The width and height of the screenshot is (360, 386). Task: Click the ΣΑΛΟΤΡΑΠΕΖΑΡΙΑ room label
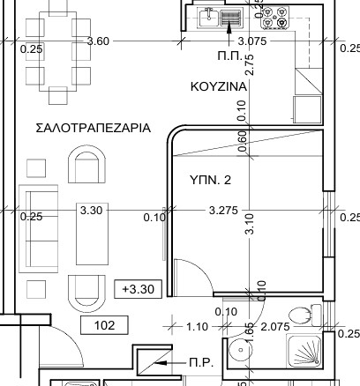94,128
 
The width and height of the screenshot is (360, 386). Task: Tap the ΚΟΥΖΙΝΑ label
219,86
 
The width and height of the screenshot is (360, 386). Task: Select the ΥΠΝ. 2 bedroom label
211,180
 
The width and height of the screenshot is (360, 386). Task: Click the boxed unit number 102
104,325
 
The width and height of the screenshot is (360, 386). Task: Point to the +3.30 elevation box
138,289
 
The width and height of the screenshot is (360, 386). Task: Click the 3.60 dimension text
98,41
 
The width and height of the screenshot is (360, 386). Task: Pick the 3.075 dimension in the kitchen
252,41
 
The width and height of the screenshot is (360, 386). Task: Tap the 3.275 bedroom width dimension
223,211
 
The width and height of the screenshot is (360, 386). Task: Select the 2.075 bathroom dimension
275,326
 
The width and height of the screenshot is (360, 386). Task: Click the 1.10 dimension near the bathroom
197,326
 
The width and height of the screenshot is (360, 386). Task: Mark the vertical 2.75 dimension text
250,65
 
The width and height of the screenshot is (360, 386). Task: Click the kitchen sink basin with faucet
209,18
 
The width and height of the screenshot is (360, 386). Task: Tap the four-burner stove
274,18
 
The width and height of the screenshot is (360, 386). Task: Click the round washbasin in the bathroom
241,350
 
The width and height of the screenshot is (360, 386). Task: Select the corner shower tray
304,351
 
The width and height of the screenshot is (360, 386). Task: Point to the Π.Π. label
229,56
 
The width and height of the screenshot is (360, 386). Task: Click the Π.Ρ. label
201,363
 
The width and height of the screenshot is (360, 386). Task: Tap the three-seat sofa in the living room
39,229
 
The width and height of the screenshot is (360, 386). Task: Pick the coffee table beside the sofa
92,234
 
